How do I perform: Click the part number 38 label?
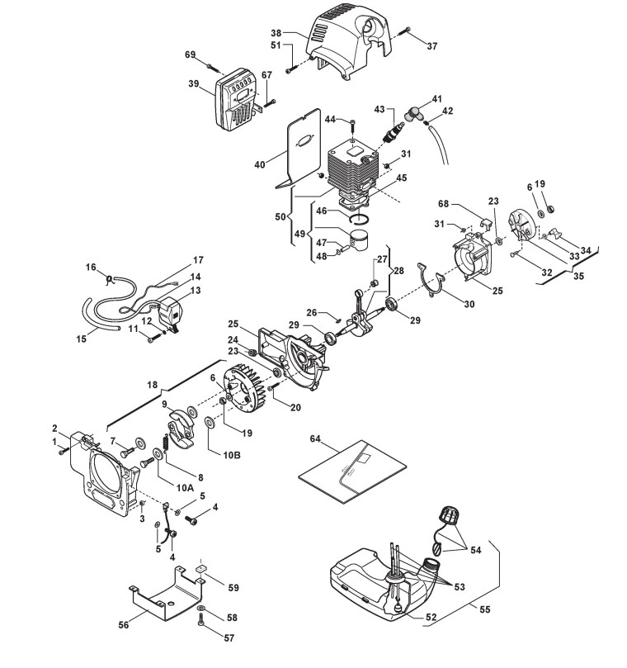(x=276, y=33)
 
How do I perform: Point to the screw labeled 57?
(x=202, y=623)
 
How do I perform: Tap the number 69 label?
(x=191, y=54)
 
